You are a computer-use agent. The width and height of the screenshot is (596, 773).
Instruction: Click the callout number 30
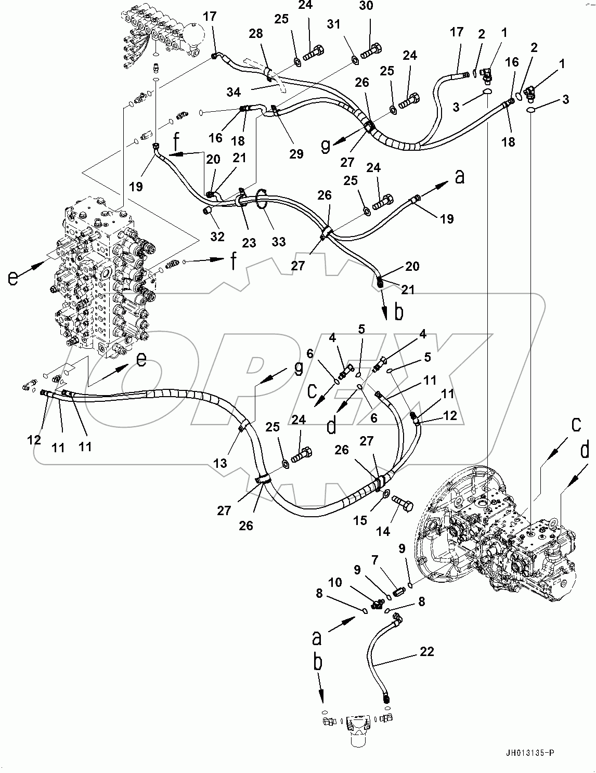[x=366, y=6]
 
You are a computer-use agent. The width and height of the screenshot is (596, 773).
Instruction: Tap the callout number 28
[x=256, y=34]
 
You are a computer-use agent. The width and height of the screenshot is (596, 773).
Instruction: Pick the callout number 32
[x=217, y=236]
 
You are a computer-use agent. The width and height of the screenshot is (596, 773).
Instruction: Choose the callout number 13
[x=221, y=462]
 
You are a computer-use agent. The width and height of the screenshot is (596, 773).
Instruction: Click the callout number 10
[x=335, y=582]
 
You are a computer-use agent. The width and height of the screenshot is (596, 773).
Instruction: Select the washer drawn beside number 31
[x=355, y=60]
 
